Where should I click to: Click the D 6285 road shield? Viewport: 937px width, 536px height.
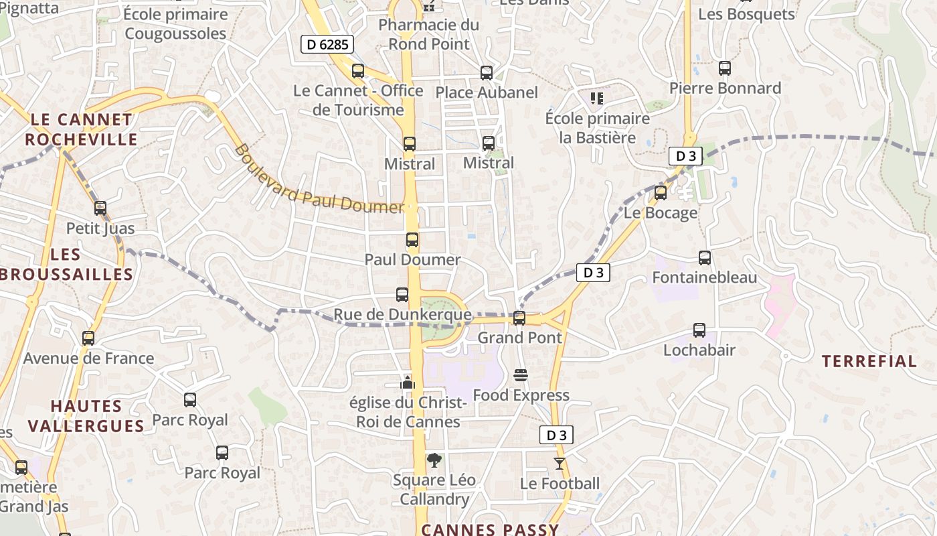click(x=327, y=45)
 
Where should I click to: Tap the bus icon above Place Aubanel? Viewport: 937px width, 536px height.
click(x=487, y=72)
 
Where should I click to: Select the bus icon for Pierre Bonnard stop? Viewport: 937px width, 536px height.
click(x=725, y=68)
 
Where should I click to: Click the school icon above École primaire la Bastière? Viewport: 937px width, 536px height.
click(x=597, y=98)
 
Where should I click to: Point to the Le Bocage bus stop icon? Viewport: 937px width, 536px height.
click(x=661, y=193)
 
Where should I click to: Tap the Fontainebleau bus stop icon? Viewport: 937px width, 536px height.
click(x=704, y=257)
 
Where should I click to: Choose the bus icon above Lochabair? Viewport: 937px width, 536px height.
click(x=699, y=330)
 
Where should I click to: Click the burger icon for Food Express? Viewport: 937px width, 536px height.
click(x=521, y=375)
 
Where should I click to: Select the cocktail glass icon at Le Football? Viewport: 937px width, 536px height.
click(x=560, y=463)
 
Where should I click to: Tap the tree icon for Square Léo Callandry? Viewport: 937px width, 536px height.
click(x=434, y=460)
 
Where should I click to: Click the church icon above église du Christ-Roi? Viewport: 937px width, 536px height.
click(x=407, y=383)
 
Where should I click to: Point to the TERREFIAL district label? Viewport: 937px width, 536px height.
click(x=869, y=362)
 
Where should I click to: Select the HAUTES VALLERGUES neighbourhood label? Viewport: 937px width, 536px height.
click(x=86, y=416)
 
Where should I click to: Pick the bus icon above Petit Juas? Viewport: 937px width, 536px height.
click(x=100, y=208)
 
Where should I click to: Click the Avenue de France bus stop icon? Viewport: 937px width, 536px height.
click(x=88, y=338)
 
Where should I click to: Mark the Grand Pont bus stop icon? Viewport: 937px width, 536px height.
click(x=519, y=318)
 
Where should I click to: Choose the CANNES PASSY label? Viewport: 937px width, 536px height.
click(x=490, y=529)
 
